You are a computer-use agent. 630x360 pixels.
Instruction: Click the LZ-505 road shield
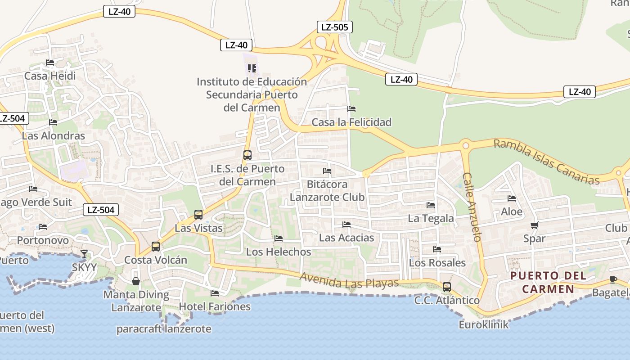click(334, 27)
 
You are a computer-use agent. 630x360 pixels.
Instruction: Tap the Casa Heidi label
click(50, 76)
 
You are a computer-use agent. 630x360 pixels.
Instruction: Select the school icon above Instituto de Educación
click(252, 68)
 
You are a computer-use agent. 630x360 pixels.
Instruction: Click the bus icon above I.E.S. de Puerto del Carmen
click(247, 155)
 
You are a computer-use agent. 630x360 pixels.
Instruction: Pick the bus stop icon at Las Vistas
click(198, 215)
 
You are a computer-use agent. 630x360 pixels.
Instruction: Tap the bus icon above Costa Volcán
click(156, 247)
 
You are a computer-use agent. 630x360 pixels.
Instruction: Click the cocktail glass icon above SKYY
click(84, 254)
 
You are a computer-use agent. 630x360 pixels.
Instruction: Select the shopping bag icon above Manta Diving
click(136, 281)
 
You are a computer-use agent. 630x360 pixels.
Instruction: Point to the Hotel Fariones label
click(215, 306)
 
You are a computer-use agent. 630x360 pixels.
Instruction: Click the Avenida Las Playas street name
click(349, 281)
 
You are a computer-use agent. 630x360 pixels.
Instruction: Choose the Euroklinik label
click(484, 324)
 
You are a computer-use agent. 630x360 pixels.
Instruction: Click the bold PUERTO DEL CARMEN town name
click(548, 282)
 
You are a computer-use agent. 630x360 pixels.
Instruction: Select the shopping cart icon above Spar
click(534, 225)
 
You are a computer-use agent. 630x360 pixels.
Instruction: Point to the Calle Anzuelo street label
click(472, 207)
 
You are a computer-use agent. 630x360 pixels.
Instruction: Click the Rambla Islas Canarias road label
click(546, 162)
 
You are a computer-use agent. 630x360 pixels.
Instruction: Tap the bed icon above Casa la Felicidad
click(351, 109)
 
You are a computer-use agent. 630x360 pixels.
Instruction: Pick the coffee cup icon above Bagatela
click(613, 279)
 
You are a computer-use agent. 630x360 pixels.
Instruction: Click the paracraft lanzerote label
click(164, 329)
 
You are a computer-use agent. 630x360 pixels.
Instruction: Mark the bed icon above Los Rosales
click(436, 249)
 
